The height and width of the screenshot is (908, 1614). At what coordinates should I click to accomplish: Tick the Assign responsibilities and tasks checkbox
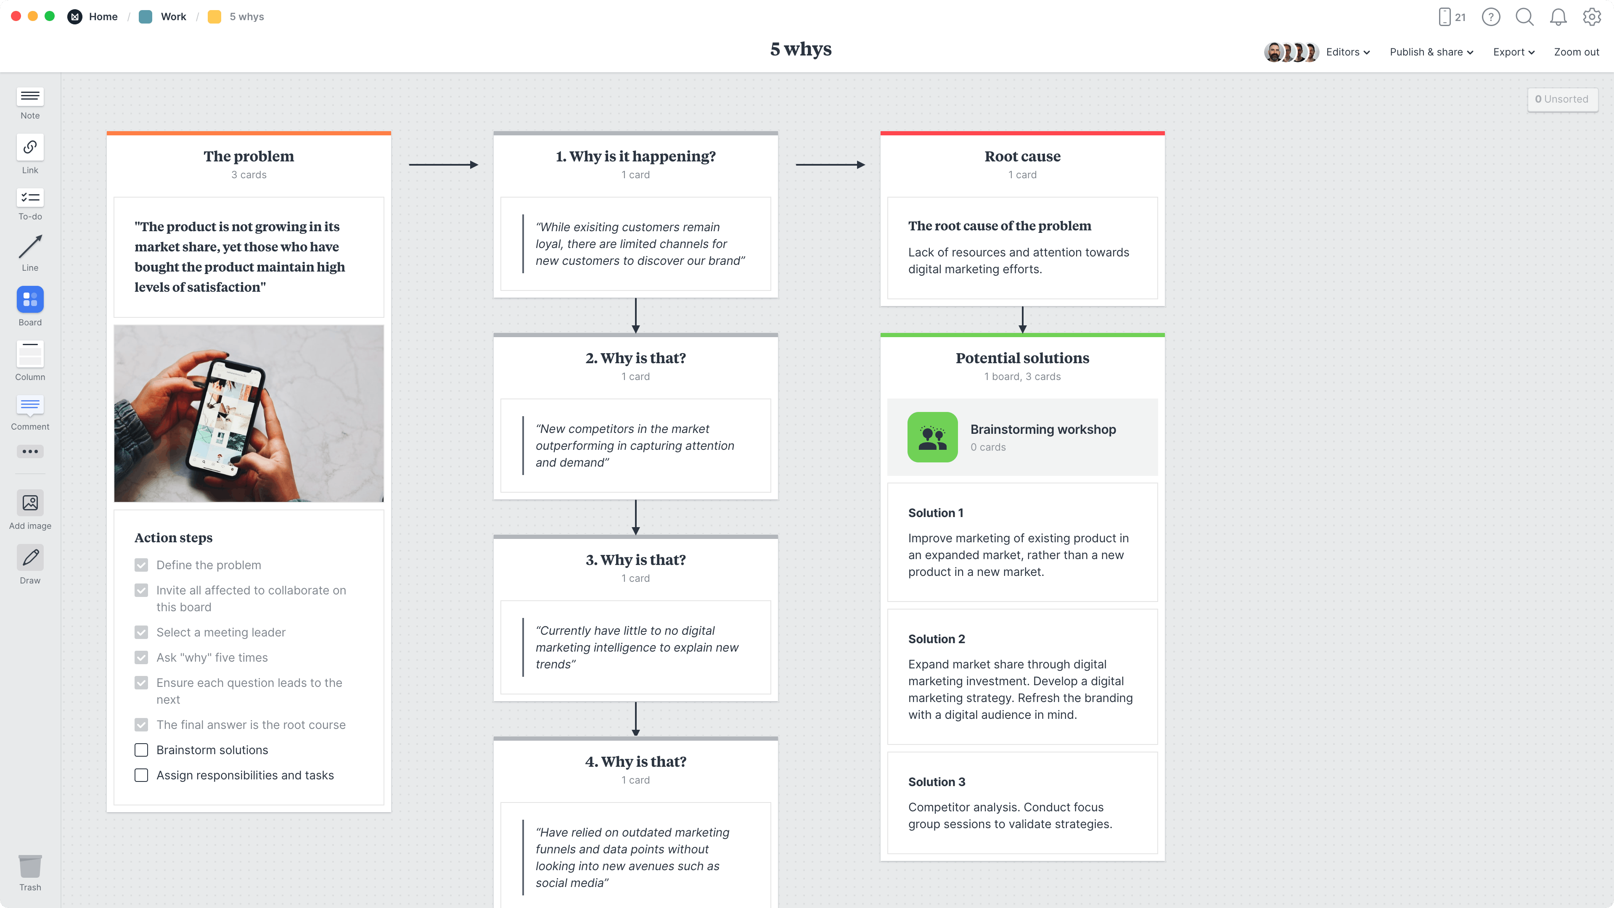[142, 775]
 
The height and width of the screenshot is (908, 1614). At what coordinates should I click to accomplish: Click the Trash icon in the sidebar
[30, 867]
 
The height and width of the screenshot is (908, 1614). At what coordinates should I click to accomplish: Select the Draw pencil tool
[30, 557]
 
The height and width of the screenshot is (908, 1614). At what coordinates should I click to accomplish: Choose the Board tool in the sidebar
[30, 300]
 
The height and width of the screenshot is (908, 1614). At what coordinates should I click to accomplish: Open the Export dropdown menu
[1513, 52]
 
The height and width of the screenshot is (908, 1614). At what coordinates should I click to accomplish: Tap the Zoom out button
[1576, 52]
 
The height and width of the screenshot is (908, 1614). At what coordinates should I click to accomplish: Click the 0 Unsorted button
[1561, 99]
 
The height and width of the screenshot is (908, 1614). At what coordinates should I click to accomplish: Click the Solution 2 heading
[937, 639]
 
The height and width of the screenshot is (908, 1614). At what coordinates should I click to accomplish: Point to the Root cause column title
[1022, 156]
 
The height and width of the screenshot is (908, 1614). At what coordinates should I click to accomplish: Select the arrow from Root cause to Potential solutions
[1023, 319]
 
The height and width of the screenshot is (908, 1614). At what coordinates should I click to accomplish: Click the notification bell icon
[1558, 17]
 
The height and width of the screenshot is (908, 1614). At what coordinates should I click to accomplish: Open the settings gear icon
[1591, 17]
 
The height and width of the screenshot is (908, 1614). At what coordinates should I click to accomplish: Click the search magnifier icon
[1524, 17]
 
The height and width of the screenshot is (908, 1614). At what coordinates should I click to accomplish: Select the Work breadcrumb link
[173, 17]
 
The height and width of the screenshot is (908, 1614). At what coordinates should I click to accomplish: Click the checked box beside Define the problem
[142, 565]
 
